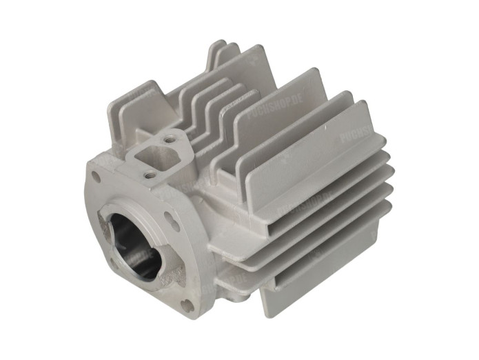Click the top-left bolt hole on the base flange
tap(95, 177)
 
